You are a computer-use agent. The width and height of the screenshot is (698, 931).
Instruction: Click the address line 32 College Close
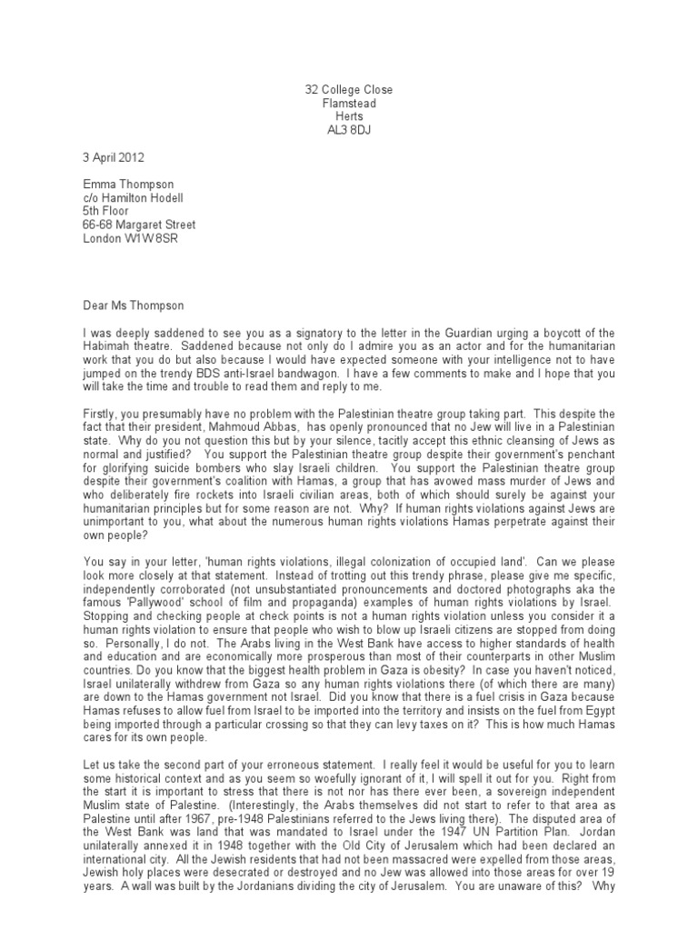(x=349, y=90)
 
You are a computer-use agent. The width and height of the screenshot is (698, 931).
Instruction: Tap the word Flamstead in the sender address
(x=349, y=104)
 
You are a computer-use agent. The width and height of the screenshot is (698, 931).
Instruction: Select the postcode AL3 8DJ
(x=349, y=130)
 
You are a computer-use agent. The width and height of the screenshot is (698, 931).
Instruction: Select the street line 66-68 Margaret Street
(x=139, y=225)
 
